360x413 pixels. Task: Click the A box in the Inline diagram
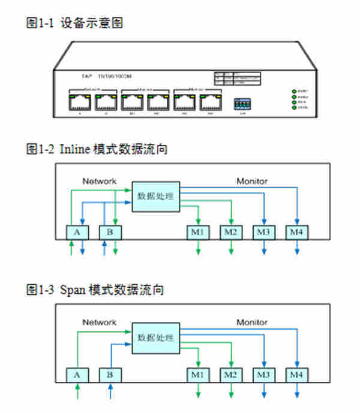pos(77,232)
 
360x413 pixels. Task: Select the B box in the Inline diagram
pos(110,232)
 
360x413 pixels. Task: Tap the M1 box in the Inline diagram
pos(198,232)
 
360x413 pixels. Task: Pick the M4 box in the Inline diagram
pos(296,232)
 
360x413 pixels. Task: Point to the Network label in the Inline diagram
pos(99,180)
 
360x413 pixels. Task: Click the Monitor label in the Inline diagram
pos(252,180)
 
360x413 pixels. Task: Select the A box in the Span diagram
pos(77,375)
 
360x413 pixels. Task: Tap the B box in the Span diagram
pos(110,375)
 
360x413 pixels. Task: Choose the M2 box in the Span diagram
pos(230,375)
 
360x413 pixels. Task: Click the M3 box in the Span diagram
pos(263,375)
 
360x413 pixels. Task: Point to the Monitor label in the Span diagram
pos(252,322)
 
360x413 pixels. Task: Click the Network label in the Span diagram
pos(99,322)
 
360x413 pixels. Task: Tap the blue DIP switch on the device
pos(242,103)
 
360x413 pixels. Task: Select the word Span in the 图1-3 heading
pos(73,290)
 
